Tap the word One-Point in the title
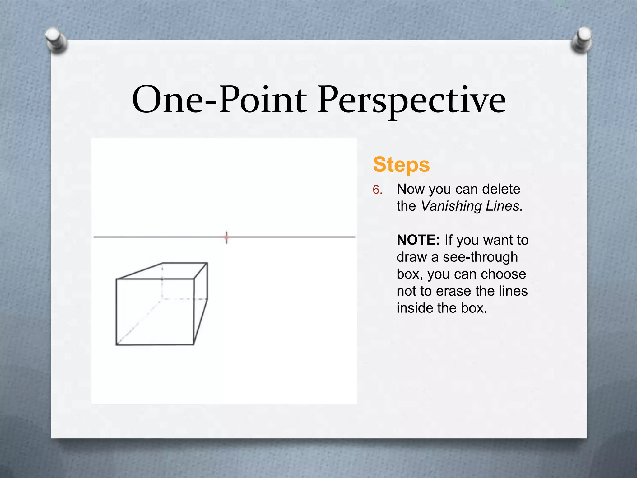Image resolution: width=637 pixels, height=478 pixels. [219, 100]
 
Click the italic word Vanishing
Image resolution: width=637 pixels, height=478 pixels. [451, 206]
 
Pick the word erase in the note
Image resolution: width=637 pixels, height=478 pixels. [454, 291]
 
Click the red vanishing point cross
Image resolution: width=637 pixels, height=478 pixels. [226, 237]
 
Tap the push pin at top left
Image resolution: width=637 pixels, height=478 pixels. [56, 40]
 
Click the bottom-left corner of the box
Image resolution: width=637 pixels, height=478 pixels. [116, 345]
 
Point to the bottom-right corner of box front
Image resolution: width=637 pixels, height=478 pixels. [194, 344]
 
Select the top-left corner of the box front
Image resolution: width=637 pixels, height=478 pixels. [116, 279]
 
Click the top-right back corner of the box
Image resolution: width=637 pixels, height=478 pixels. [207, 263]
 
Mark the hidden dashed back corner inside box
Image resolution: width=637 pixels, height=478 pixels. [162, 299]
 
